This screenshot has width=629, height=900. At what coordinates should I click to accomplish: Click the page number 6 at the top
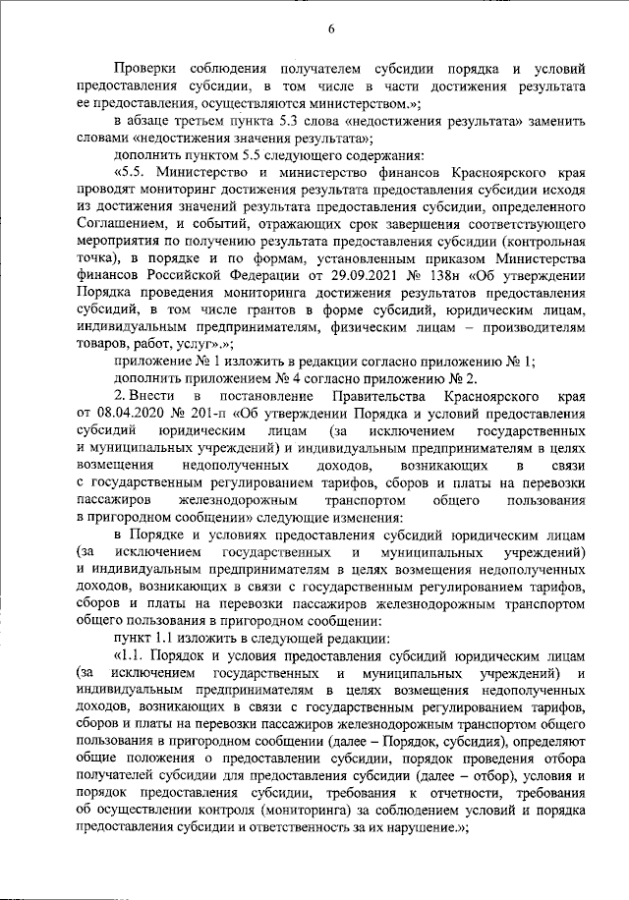(x=332, y=28)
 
